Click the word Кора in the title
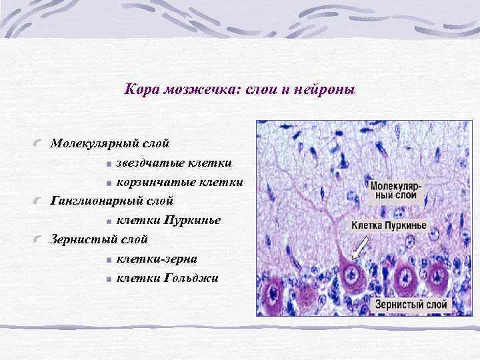139,89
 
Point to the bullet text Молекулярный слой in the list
111,143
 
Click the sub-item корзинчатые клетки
179,181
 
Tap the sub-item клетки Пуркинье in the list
168,219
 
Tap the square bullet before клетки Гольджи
109,279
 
